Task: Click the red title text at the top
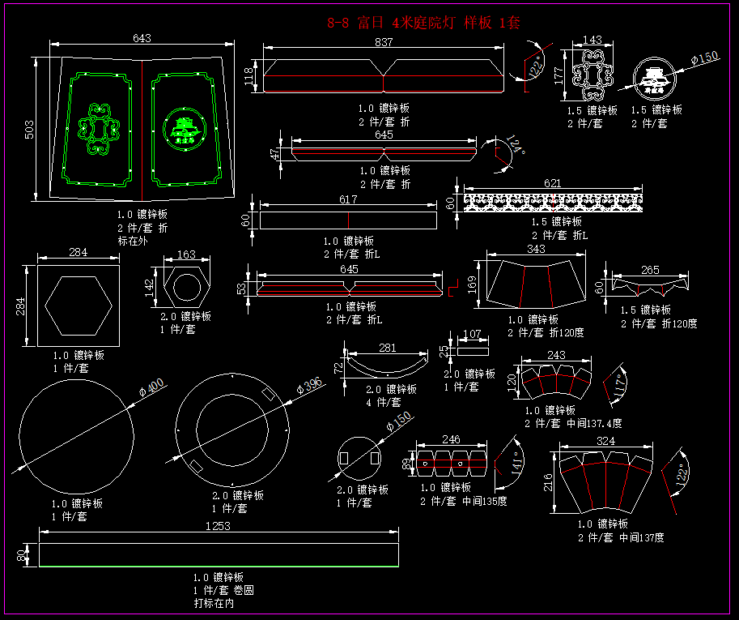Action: pos(423,23)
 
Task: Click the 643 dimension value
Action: pos(142,38)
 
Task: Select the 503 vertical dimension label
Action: pos(29,129)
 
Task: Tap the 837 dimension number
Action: pos(384,43)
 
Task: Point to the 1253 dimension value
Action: pos(218,525)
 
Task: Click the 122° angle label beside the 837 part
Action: pos(534,67)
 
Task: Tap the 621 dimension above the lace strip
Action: pos(552,184)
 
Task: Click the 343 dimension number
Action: pos(536,249)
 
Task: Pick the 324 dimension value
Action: pos(605,442)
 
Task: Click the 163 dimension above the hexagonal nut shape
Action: pos(186,254)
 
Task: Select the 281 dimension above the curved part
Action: pos(388,348)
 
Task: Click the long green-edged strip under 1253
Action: pos(219,555)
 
